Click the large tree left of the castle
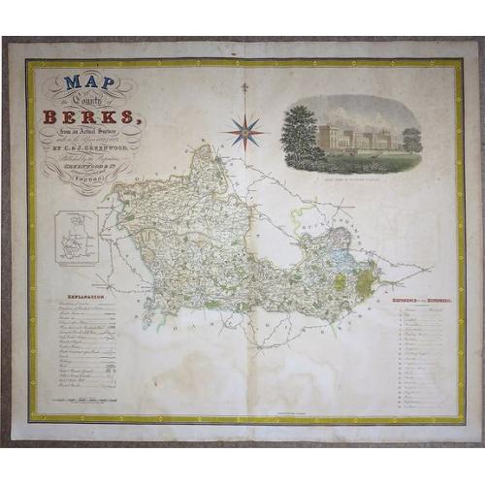(299, 133)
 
